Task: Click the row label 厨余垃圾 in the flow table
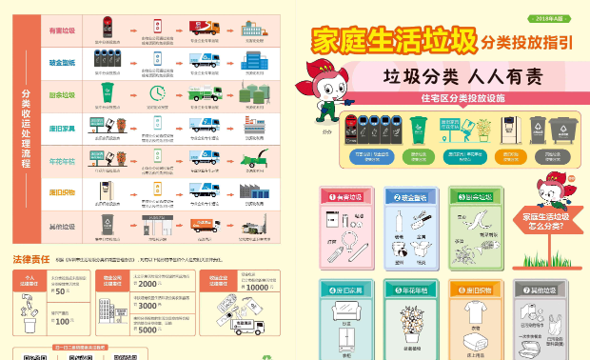(x=63, y=95)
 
